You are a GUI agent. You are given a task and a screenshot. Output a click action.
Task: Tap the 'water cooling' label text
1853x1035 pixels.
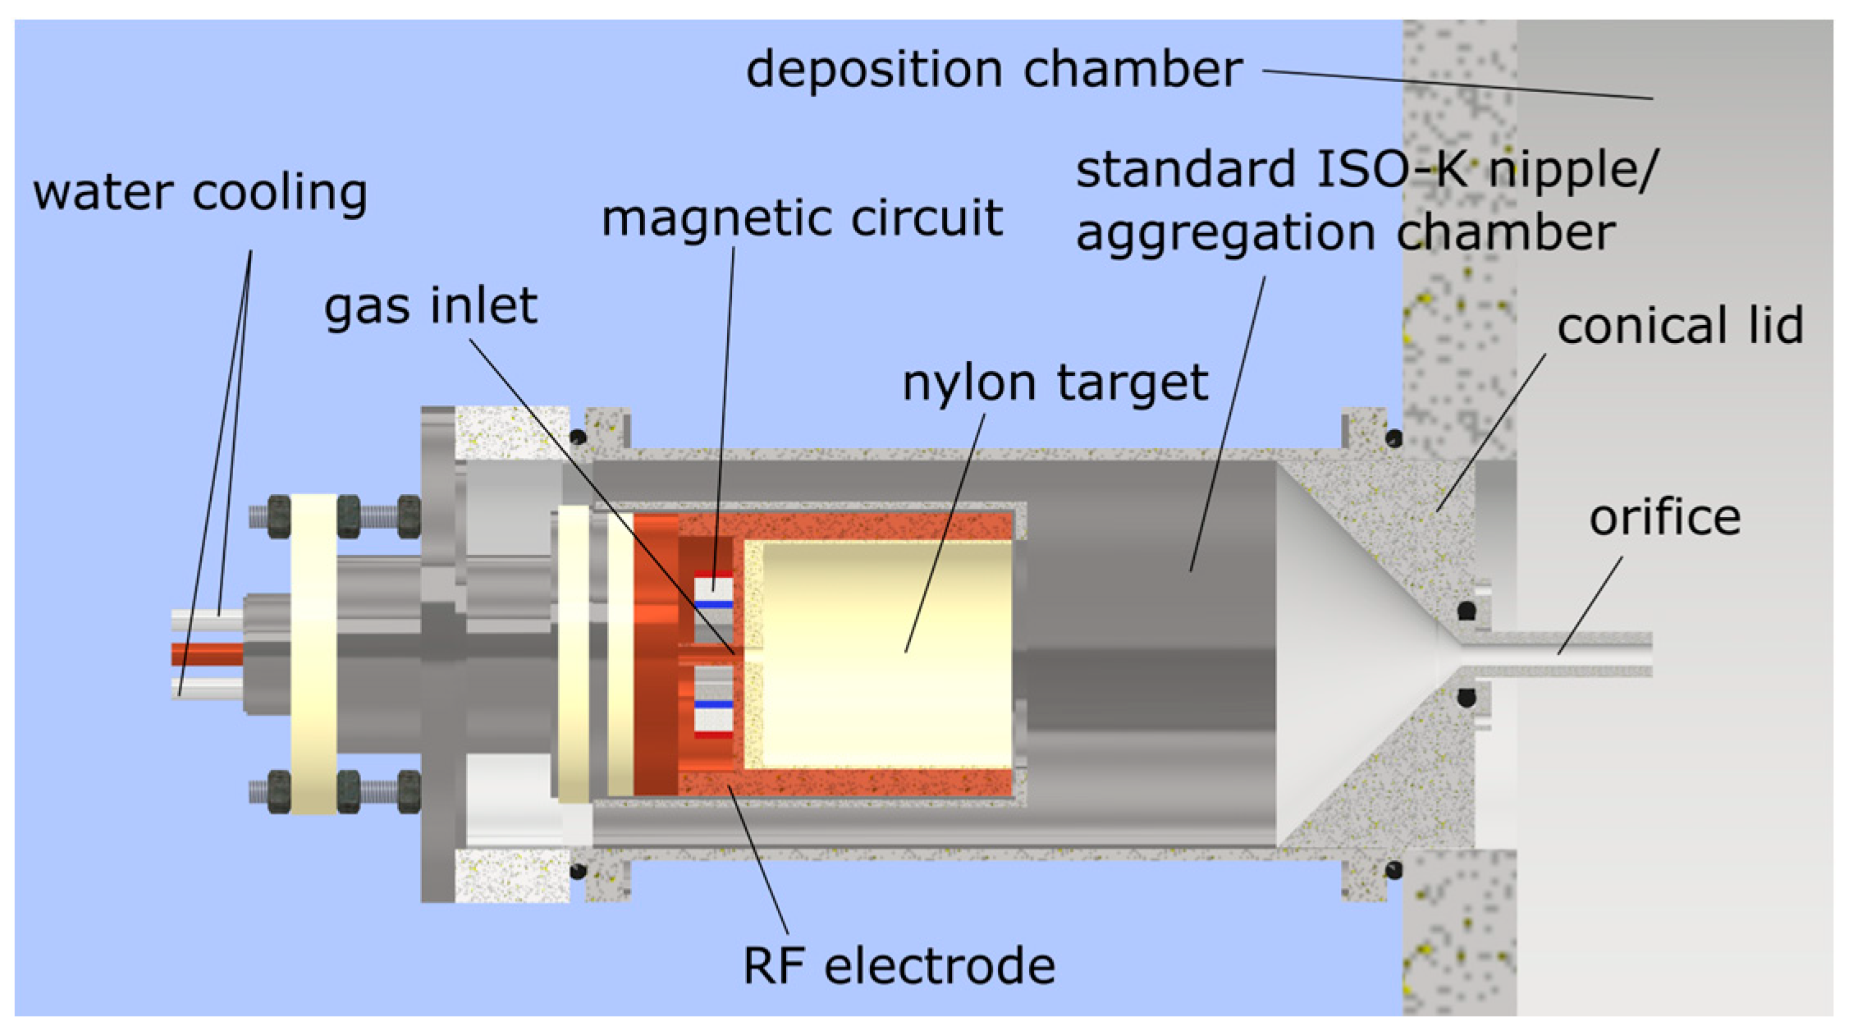click(x=199, y=193)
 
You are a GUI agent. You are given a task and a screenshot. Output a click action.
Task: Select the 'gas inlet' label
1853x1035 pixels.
click(x=430, y=306)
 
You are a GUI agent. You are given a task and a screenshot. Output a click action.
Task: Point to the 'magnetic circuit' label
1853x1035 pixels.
click(x=802, y=219)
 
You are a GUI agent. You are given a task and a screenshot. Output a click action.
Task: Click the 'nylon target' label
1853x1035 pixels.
click(x=1055, y=382)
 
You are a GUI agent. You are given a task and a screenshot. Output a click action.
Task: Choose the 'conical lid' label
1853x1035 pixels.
click(x=1680, y=326)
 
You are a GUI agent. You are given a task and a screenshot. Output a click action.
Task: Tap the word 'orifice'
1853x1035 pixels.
click(x=1664, y=518)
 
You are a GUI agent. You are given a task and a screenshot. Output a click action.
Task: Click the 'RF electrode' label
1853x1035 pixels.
click(x=899, y=965)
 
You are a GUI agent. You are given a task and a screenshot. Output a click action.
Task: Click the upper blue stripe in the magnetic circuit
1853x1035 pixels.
click(x=712, y=604)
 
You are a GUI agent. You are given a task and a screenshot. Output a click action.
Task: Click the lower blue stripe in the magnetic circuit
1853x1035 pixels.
click(x=712, y=705)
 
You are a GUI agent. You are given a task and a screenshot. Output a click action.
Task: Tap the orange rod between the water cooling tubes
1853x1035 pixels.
click(x=207, y=654)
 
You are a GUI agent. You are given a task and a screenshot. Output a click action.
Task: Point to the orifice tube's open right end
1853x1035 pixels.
click(x=1648, y=654)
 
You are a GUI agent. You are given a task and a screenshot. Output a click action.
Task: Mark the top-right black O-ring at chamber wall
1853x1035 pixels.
click(x=1393, y=438)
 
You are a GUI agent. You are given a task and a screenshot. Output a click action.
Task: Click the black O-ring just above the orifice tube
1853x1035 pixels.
click(x=1466, y=610)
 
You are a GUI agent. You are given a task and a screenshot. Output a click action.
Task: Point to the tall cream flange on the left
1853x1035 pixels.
click(x=313, y=654)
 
